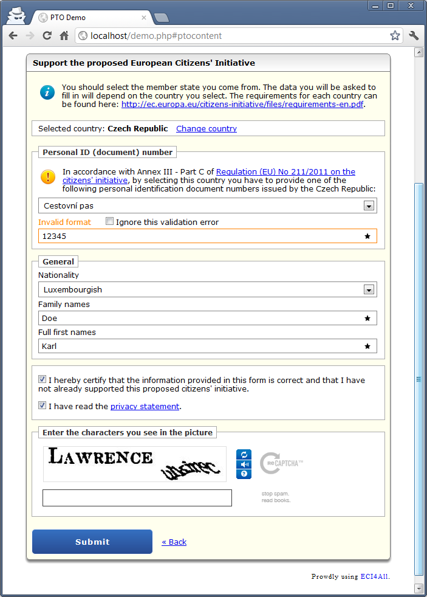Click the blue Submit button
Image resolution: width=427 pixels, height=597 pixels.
coord(92,542)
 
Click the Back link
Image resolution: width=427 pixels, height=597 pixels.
coord(174,542)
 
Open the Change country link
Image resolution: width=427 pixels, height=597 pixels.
coord(207,129)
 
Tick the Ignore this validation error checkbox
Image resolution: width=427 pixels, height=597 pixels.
coord(109,222)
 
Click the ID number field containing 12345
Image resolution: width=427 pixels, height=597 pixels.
coord(200,236)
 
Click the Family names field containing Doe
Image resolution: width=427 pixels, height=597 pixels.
coord(200,318)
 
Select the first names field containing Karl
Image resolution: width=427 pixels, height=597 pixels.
coord(200,346)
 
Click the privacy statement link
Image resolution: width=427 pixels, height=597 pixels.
coord(145,407)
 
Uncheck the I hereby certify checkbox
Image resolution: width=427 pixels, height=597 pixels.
coord(42,379)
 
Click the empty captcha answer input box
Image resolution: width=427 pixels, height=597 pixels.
coord(137,498)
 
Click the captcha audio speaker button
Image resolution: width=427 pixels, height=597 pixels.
coord(244,464)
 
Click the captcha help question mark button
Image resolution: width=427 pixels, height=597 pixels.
coord(244,474)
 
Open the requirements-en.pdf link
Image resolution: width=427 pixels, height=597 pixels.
coord(242,105)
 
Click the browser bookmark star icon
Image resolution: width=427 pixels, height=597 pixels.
coord(395,36)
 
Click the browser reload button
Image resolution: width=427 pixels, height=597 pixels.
coord(47,36)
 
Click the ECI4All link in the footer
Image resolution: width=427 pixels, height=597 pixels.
coord(374,576)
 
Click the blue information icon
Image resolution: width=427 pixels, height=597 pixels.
coord(47,92)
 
